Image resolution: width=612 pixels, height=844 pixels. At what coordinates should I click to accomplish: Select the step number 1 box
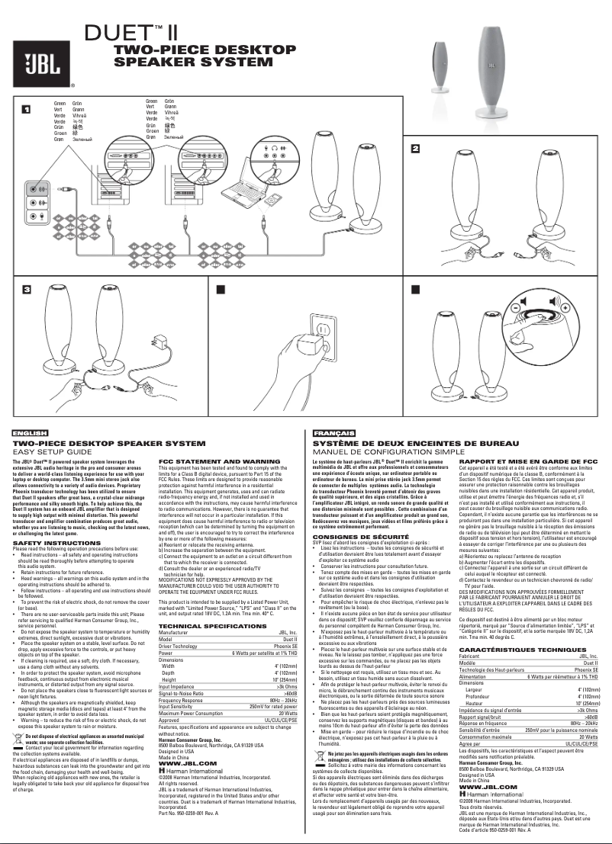tap(26, 109)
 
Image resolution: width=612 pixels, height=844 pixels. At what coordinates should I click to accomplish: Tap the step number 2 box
tap(416, 148)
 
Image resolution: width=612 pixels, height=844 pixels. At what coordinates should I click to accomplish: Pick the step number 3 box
tap(26, 290)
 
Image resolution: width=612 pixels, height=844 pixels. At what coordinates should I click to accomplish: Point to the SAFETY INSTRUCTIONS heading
tap(53, 521)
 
